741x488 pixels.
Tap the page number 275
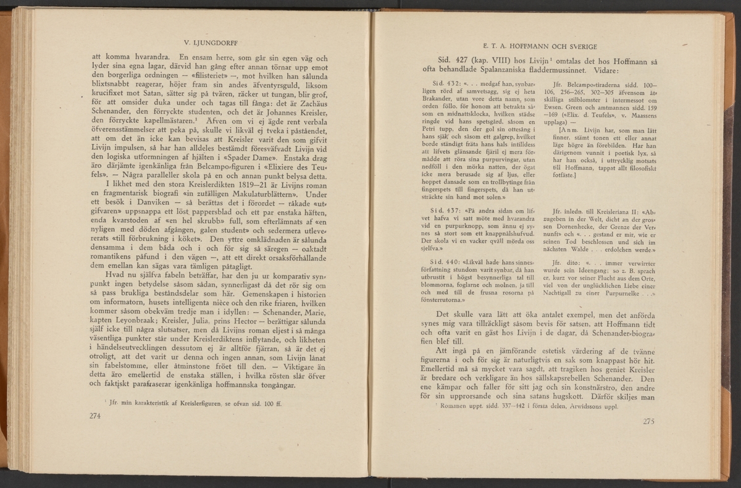click(648, 422)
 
